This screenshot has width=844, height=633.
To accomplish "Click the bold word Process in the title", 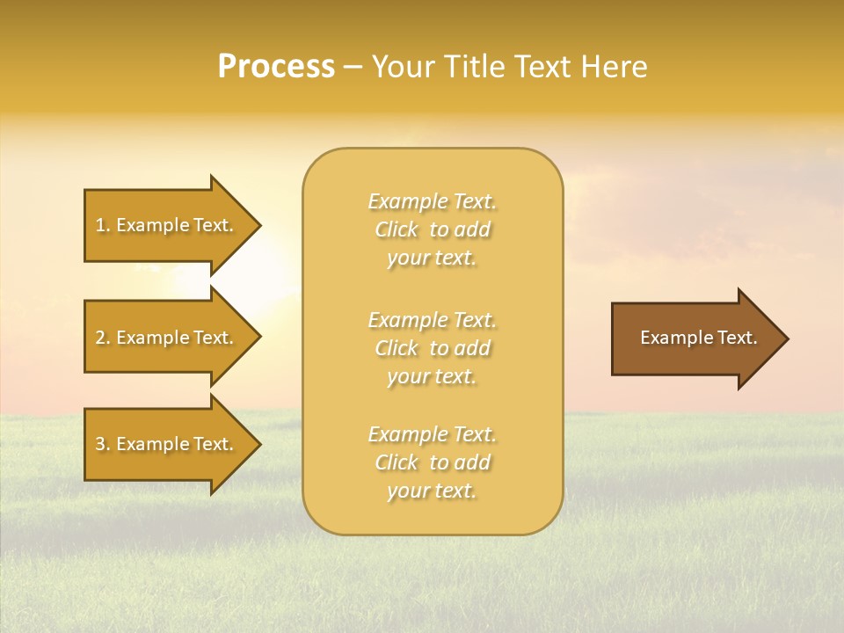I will (276, 67).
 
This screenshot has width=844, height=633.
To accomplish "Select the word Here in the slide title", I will (613, 67).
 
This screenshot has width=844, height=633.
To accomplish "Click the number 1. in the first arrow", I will (103, 226).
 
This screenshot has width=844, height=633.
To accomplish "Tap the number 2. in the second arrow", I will (103, 338).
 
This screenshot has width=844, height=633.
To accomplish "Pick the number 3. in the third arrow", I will (103, 445).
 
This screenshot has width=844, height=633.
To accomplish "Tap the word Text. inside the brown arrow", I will (736, 338).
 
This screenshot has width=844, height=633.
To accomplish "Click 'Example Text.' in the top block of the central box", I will (432, 202).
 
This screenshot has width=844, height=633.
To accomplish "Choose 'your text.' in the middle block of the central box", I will (432, 376).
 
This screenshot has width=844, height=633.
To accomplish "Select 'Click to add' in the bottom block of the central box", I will (432, 462).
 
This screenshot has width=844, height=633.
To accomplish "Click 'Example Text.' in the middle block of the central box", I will (432, 320).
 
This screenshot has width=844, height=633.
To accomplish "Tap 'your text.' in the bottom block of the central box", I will (432, 491).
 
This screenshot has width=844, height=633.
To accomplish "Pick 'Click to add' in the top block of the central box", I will (432, 230).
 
